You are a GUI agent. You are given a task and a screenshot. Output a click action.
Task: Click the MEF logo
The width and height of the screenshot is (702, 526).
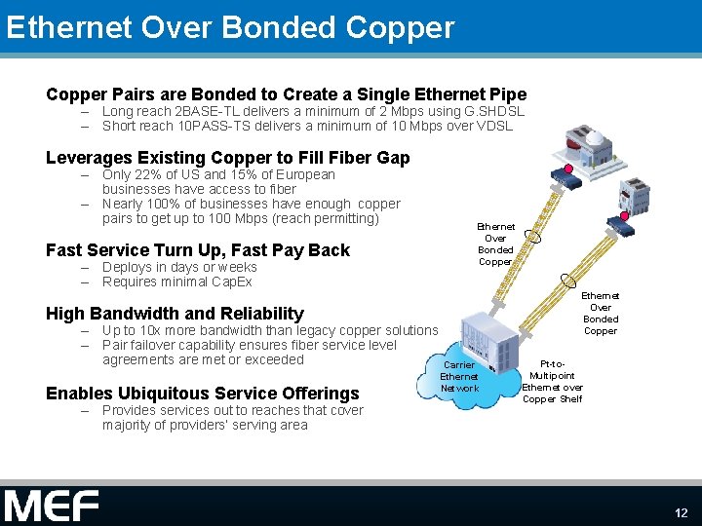tap(51, 506)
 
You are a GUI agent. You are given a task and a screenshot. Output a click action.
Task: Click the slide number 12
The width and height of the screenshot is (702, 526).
tap(681, 512)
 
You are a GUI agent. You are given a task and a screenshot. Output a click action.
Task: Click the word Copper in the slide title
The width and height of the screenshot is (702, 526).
tap(401, 27)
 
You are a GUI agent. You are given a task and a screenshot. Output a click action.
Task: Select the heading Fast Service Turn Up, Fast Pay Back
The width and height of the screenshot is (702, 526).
tap(198, 250)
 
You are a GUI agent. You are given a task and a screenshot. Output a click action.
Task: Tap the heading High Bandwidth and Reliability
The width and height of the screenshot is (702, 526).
tap(175, 314)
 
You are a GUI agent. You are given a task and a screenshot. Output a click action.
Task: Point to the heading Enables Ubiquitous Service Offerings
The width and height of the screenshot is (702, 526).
tap(203, 394)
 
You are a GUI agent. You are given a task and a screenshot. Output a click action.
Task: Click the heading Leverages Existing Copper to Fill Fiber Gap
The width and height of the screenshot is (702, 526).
tap(228, 158)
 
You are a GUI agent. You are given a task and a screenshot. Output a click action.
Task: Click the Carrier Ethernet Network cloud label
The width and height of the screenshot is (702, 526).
tap(459, 376)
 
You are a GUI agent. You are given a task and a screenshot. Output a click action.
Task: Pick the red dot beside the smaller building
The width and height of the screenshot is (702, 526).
tap(624, 216)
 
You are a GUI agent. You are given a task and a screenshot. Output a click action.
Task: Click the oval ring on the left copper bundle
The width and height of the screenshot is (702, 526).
tap(534, 236)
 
